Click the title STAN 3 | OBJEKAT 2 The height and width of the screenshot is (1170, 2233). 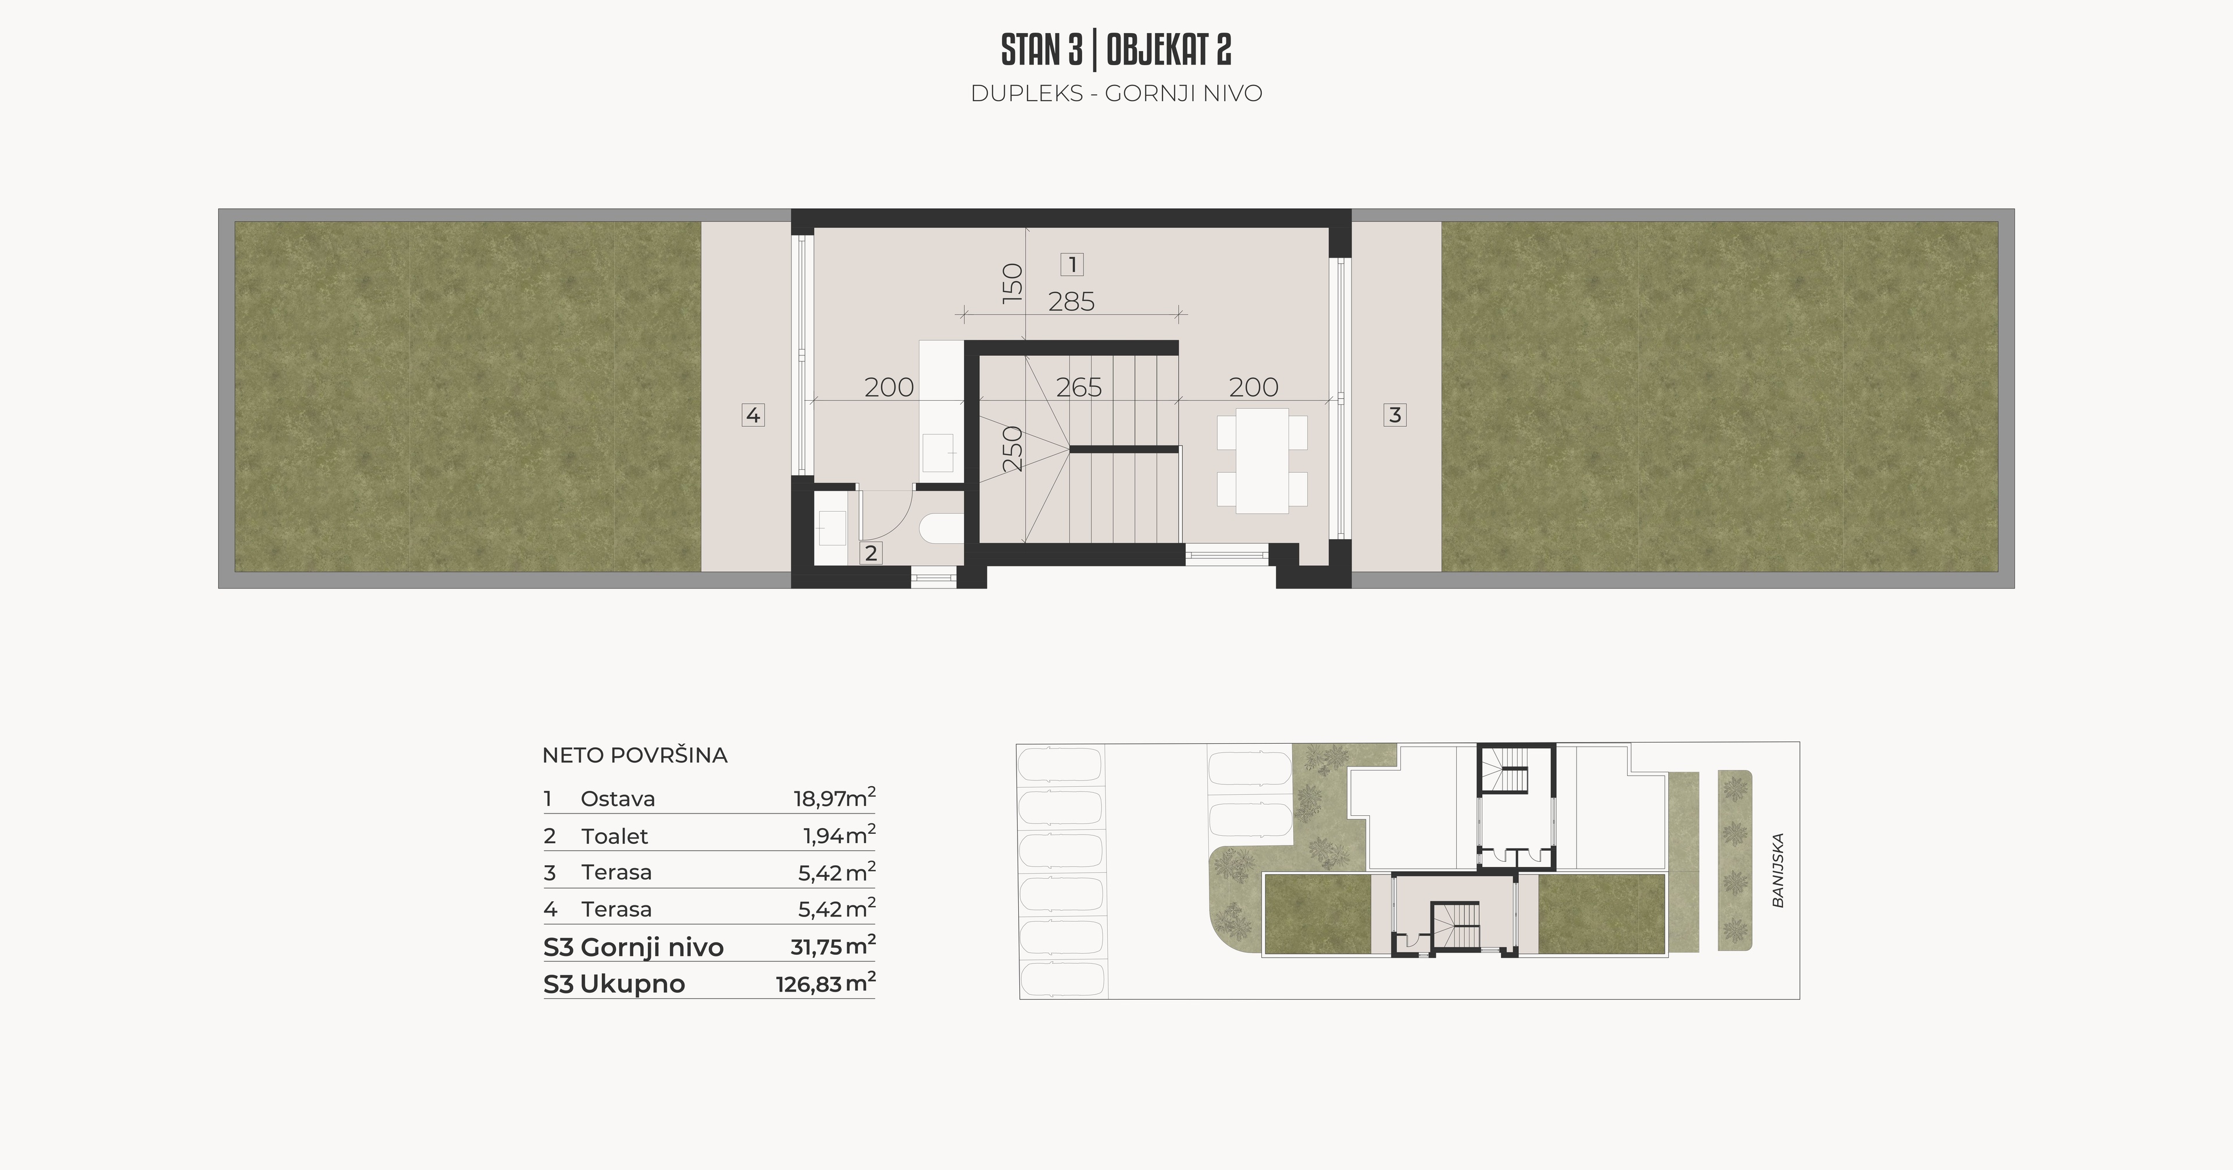click(x=1116, y=50)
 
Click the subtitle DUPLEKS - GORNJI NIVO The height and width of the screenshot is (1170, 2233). click(x=1116, y=94)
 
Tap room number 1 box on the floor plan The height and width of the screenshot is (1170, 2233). click(x=1072, y=265)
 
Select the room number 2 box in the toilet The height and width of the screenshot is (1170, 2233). click(x=871, y=553)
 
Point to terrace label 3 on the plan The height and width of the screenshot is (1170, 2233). click(x=1395, y=415)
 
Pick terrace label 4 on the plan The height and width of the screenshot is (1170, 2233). click(x=752, y=415)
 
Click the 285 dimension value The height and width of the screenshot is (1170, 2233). click(x=1071, y=302)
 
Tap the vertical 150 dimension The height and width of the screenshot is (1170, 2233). click(x=1012, y=281)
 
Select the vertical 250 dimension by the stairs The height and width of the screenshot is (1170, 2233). click(x=1012, y=448)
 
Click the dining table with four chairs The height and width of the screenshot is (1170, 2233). click(x=1262, y=461)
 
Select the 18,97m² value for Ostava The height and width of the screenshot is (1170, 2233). click(x=834, y=797)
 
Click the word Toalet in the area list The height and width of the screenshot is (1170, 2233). click(x=615, y=836)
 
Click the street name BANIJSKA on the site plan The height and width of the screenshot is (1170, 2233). click(x=1778, y=870)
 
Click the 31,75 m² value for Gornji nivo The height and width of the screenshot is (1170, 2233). click(x=832, y=946)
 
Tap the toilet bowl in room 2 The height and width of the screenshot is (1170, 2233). click(x=940, y=530)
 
